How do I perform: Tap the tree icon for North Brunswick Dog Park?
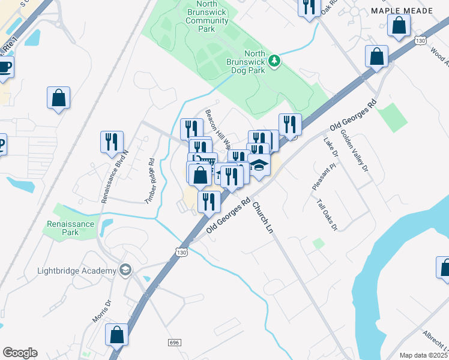(274, 60)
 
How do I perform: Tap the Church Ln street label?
(262, 219)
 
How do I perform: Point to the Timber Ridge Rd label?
(151, 181)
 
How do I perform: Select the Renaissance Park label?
(70, 228)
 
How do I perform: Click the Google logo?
(20, 353)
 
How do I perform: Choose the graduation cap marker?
(259, 166)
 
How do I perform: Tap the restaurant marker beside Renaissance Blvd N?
(112, 142)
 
